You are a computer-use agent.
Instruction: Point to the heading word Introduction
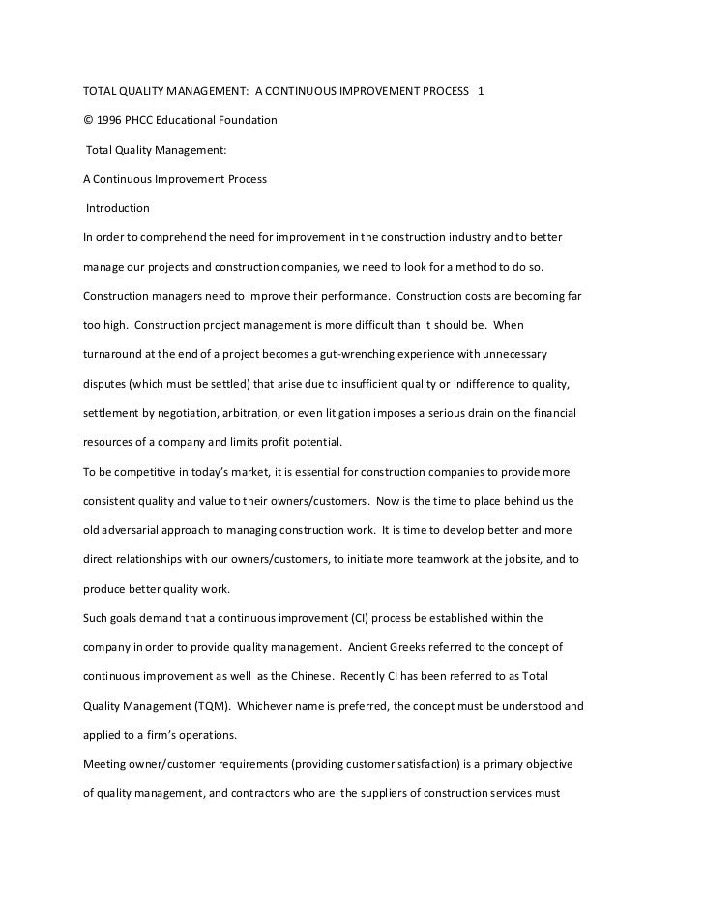point(118,208)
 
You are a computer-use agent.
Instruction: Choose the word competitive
point(147,472)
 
